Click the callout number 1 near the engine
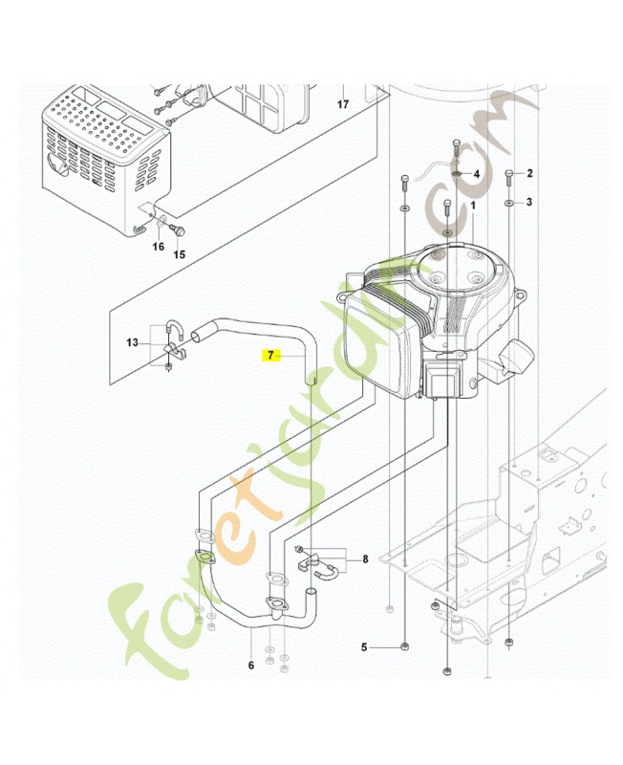[472, 205]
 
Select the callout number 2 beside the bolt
[529, 173]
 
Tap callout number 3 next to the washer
[529, 203]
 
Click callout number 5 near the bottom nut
[364, 647]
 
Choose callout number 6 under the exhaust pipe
[250, 666]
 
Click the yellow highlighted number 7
[270, 355]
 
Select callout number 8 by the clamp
[364, 558]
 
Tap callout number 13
[132, 341]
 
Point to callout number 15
[178, 254]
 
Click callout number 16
[159, 247]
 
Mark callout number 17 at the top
[342, 105]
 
